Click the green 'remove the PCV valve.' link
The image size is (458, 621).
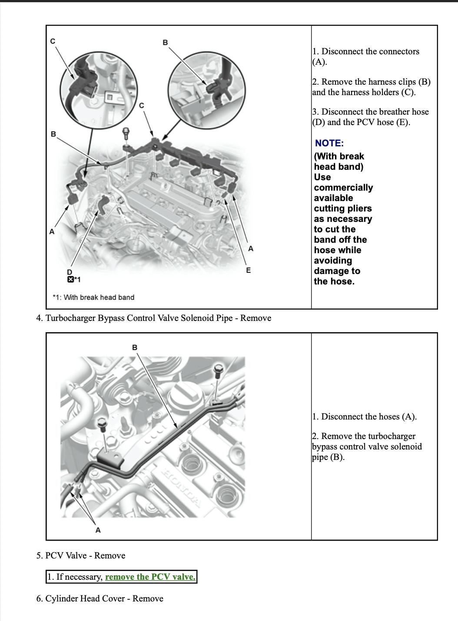[x=150, y=577]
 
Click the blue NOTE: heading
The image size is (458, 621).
[x=329, y=143]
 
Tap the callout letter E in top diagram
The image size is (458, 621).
[x=248, y=270]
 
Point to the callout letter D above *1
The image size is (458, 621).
[x=70, y=272]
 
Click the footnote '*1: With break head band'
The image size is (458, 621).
[x=93, y=297]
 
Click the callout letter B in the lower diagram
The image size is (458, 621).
[x=134, y=347]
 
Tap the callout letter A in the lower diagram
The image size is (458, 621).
[x=98, y=530]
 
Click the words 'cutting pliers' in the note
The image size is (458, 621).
[x=343, y=208]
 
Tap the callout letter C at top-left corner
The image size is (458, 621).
[x=53, y=41]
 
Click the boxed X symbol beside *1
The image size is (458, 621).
[x=70, y=279]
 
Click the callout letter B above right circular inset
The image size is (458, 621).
[x=165, y=43]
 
